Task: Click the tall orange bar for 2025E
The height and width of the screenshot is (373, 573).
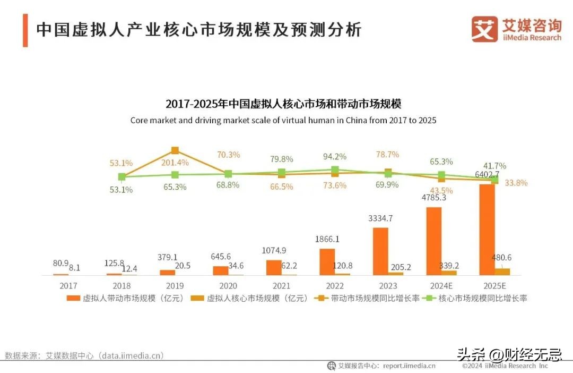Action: click(x=487, y=229)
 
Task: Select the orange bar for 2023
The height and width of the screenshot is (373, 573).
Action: click(x=380, y=251)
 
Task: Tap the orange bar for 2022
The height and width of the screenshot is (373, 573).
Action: click(x=327, y=261)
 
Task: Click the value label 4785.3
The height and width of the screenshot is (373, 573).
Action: click(x=433, y=198)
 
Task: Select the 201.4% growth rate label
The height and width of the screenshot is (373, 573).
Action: click(x=175, y=162)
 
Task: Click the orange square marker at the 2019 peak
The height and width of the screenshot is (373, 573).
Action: click(x=175, y=150)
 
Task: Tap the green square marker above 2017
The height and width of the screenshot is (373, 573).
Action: click(x=122, y=176)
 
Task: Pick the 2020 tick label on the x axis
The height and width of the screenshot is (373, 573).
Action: click(x=228, y=286)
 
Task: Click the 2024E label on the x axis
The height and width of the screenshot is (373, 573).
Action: click(x=440, y=286)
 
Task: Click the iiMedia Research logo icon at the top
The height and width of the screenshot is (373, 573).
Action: click(x=484, y=29)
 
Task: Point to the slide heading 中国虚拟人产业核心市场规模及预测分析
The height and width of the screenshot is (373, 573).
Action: click(x=199, y=30)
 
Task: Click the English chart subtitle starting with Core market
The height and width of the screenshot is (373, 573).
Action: click(x=283, y=121)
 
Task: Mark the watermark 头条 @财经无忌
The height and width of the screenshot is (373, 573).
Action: click(x=509, y=354)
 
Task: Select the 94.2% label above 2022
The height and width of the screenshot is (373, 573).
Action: click(x=335, y=156)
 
